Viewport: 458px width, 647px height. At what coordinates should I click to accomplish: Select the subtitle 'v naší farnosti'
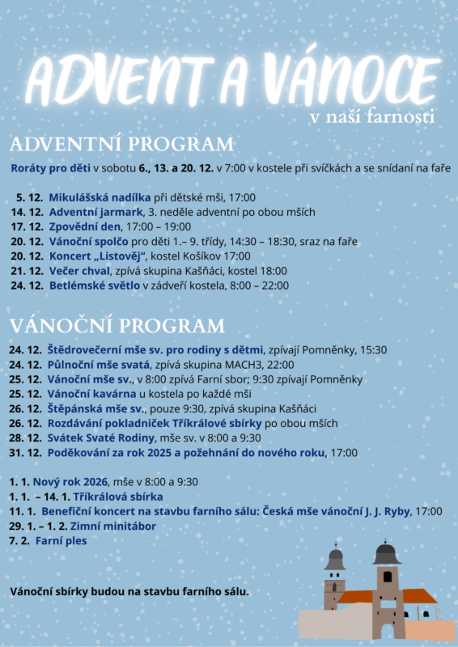(x=373, y=117)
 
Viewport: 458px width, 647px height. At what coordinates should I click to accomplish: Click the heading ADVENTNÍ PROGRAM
(x=121, y=145)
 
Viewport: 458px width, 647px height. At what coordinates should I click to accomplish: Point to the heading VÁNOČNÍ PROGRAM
(x=118, y=326)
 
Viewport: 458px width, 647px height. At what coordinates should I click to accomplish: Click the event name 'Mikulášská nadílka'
(x=100, y=197)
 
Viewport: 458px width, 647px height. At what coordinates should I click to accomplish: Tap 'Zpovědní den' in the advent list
(x=87, y=226)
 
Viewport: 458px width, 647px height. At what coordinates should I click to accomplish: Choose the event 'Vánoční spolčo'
(x=88, y=241)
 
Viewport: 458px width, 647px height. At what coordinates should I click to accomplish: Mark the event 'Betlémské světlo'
(x=95, y=285)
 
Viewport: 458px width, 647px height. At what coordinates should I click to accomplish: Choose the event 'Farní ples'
(x=61, y=540)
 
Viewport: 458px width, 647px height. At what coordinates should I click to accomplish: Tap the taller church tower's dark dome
(x=387, y=555)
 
